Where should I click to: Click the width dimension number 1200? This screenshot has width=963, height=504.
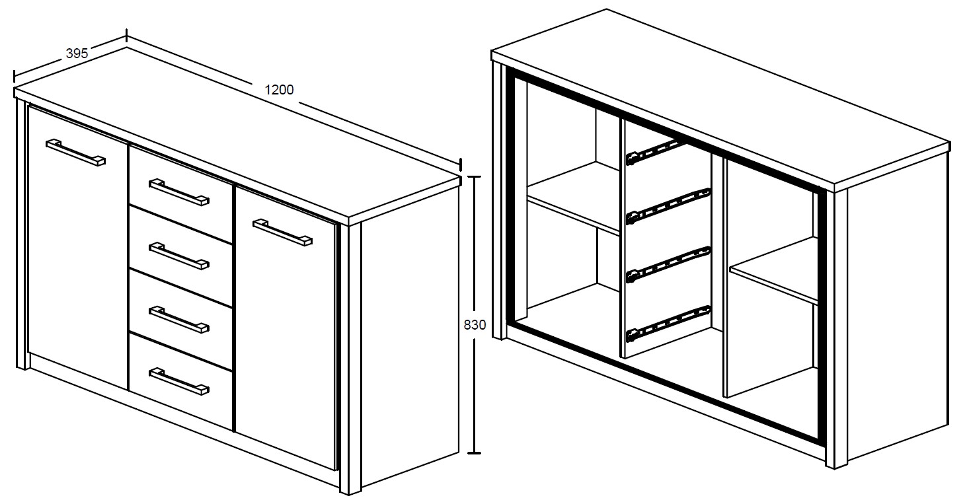tap(279, 90)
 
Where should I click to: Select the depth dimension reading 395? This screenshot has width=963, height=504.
tap(77, 54)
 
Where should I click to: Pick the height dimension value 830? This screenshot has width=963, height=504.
tap(475, 325)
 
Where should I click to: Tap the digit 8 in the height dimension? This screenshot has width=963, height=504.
tap(467, 325)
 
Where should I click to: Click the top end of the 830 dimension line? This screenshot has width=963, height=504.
tap(474, 176)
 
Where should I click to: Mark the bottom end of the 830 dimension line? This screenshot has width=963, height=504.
tap(474, 453)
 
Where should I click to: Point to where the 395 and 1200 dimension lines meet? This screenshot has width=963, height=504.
tap(126, 36)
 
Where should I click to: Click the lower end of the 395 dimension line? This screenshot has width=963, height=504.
tap(14, 77)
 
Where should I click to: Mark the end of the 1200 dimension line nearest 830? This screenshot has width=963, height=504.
tap(461, 165)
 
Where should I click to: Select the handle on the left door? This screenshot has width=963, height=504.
tap(75, 153)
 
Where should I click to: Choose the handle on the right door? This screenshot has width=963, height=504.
tap(282, 233)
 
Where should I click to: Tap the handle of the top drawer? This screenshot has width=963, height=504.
tap(179, 192)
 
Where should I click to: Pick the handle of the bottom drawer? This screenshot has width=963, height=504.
tap(179, 381)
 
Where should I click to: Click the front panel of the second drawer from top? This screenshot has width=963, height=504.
tap(180, 256)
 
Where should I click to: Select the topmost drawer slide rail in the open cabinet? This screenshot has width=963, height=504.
tap(656, 151)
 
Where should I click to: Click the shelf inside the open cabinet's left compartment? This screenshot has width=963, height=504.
tap(574, 199)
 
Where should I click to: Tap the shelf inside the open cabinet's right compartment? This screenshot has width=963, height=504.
tap(773, 271)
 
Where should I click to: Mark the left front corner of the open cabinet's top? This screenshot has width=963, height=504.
tap(492, 52)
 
